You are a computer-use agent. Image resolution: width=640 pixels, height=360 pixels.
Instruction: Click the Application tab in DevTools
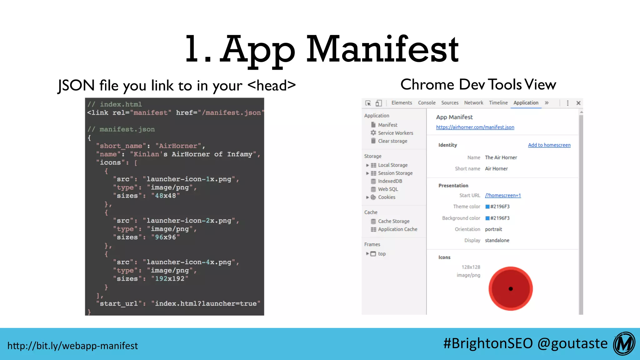coord(526,103)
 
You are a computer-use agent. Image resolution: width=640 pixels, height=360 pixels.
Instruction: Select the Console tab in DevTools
coord(427,103)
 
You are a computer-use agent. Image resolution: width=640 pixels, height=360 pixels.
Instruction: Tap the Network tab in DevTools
coord(473,103)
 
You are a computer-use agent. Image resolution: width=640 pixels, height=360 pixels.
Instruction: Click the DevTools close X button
coord(578,103)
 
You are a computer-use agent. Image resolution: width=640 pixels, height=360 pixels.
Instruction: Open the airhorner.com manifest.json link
coord(475,127)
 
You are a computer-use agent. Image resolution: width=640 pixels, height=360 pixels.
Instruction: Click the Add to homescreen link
coord(549,145)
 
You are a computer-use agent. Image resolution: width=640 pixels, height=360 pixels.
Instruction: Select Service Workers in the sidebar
coord(395,133)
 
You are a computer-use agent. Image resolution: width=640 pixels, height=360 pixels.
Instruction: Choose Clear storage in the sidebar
coord(392,141)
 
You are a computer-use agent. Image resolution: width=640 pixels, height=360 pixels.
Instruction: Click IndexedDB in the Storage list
coord(390,181)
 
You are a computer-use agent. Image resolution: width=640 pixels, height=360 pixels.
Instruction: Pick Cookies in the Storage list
coord(387,197)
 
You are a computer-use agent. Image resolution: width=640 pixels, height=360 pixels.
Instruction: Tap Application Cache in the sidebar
coord(397,229)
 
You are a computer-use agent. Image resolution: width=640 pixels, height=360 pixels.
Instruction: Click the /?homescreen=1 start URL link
coord(503,196)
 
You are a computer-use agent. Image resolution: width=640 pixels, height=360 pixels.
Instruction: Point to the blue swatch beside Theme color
coord(487,207)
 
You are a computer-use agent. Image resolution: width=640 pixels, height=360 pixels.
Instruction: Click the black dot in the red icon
coord(511,289)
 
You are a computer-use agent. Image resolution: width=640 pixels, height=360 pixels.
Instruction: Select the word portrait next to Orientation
coord(493,229)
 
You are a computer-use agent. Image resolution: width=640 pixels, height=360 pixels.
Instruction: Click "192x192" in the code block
coord(170,279)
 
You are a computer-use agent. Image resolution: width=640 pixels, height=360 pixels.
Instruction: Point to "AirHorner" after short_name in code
coord(178,146)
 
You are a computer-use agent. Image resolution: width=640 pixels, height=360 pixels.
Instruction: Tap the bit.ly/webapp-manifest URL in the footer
coord(72,346)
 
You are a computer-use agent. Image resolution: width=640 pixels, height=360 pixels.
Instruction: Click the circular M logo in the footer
coord(624,344)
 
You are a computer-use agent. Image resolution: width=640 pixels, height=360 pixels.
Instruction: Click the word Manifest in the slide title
coord(382,49)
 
